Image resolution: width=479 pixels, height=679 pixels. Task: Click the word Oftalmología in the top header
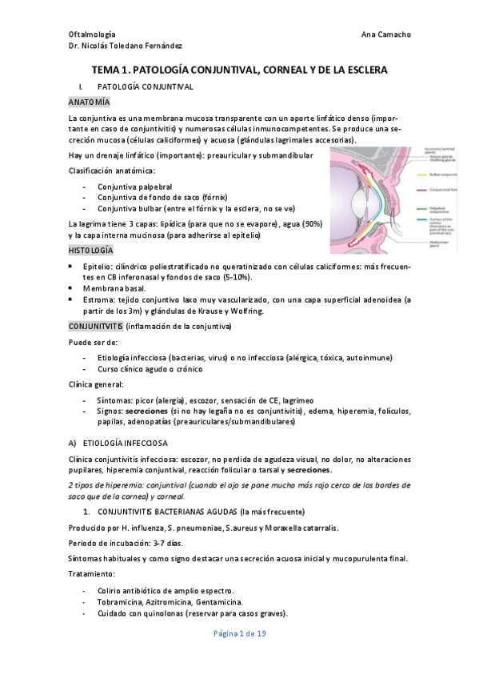coord(92,35)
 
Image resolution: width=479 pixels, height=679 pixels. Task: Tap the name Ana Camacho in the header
coord(387,35)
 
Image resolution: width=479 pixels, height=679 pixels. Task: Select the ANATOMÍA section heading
coord(89,103)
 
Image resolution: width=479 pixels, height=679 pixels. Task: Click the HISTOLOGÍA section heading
coord(91,251)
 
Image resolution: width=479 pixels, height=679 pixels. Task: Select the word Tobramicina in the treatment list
coord(120,602)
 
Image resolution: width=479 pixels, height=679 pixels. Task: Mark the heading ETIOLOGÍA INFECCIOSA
coord(133,442)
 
